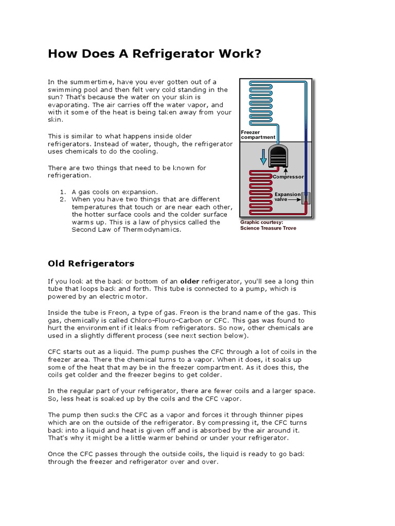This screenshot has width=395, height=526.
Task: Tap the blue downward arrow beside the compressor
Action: pos(263,156)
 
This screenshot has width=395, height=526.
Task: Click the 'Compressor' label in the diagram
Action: pos(288,177)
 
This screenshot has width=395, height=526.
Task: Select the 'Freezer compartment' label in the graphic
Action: pos(258,135)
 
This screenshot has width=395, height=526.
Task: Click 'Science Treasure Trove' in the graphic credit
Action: pos(268,228)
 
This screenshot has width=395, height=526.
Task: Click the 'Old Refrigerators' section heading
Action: pos(91,264)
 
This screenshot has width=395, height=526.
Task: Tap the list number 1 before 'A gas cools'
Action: pos(62,192)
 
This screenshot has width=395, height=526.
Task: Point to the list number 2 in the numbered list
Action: pos(62,199)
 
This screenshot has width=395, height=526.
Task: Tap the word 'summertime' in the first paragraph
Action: pos(87,82)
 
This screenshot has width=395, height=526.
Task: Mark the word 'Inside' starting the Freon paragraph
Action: pos(58,312)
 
